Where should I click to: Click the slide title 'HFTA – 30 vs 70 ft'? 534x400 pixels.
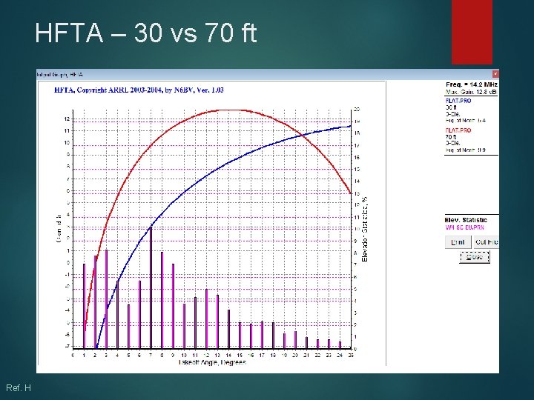coord(145,33)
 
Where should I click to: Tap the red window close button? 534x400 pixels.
coord(495,74)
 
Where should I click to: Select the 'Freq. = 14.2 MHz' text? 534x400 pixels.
coord(471,84)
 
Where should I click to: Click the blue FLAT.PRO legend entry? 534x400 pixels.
coord(458,100)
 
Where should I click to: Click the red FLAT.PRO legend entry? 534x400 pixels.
coord(458,130)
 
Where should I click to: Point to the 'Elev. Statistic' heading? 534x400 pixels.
coord(466,220)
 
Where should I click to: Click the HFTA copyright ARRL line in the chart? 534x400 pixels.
coord(139,90)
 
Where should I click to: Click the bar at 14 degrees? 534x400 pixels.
coord(228,329)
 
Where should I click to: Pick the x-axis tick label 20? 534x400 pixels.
coord(295,356)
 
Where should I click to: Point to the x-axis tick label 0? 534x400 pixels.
coord(73,356)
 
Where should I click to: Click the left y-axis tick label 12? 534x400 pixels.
coord(67,119)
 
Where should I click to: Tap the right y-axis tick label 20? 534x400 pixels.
coord(357,110)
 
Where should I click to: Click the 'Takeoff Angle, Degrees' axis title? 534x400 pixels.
coord(211,362)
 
